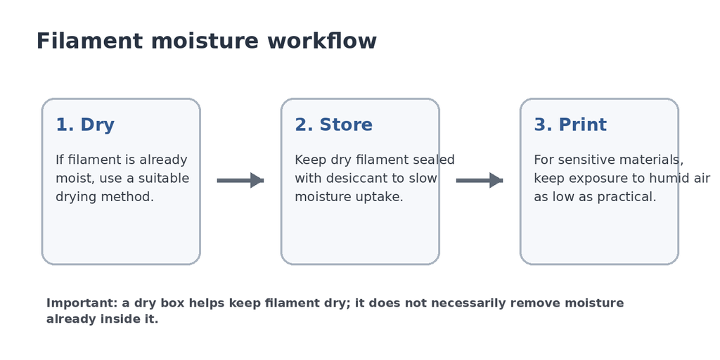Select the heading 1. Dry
click(x=85, y=125)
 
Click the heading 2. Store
click(x=333, y=125)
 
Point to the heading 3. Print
click(x=570, y=125)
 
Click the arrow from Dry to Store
click(x=240, y=181)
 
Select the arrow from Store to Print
click(x=480, y=181)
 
